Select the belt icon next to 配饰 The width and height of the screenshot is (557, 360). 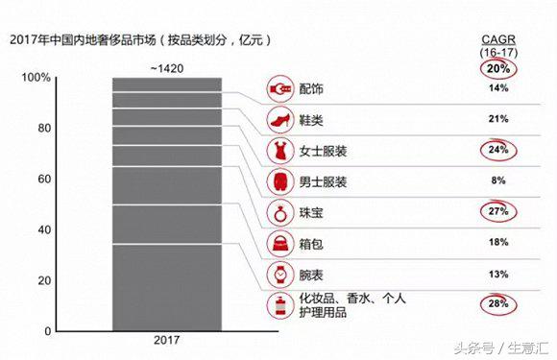pyautogui.click(x=279, y=88)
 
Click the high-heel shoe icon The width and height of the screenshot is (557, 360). pyautogui.click(x=279, y=119)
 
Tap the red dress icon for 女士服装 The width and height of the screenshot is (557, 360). pyautogui.click(x=279, y=150)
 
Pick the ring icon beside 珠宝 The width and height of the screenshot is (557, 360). pyautogui.click(x=279, y=212)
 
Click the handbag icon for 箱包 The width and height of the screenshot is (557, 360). pyautogui.click(x=279, y=243)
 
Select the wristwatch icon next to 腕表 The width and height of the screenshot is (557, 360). pyautogui.click(x=279, y=274)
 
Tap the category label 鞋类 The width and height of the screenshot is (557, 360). pyautogui.click(x=312, y=119)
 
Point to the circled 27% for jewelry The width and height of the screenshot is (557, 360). pyautogui.click(x=497, y=212)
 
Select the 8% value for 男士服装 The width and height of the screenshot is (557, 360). pyautogui.click(x=497, y=181)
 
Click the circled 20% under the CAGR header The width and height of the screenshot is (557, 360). pyautogui.click(x=497, y=67)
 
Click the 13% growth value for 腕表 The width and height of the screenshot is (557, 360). pyautogui.click(x=497, y=274)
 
